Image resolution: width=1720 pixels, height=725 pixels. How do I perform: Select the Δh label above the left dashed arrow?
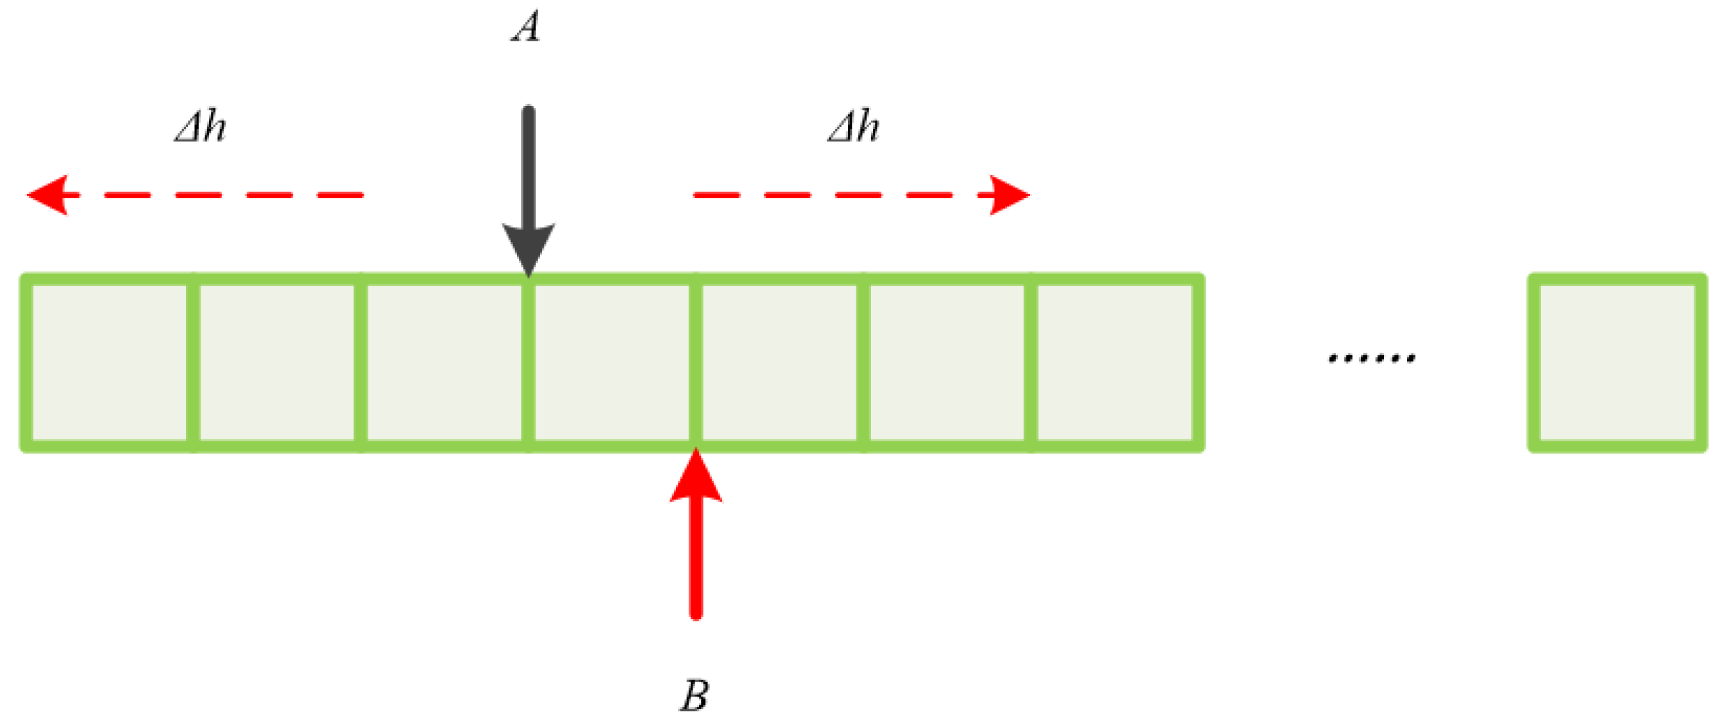201,127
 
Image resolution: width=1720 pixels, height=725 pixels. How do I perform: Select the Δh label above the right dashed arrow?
853,127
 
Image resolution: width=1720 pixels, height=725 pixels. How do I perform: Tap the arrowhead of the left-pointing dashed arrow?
50,195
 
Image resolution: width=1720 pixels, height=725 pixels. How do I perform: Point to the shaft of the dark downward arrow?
528,167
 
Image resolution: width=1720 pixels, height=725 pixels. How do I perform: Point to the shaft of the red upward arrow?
696,561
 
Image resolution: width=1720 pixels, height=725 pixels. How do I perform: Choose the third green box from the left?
445,362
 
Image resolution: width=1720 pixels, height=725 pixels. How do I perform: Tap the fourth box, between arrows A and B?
612,362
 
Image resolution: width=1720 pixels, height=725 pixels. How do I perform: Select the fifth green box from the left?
779,362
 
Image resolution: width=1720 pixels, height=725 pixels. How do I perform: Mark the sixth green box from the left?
946,362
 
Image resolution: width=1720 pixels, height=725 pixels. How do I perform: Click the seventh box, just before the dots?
1115,362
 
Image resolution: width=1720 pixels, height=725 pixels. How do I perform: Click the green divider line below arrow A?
528,362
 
